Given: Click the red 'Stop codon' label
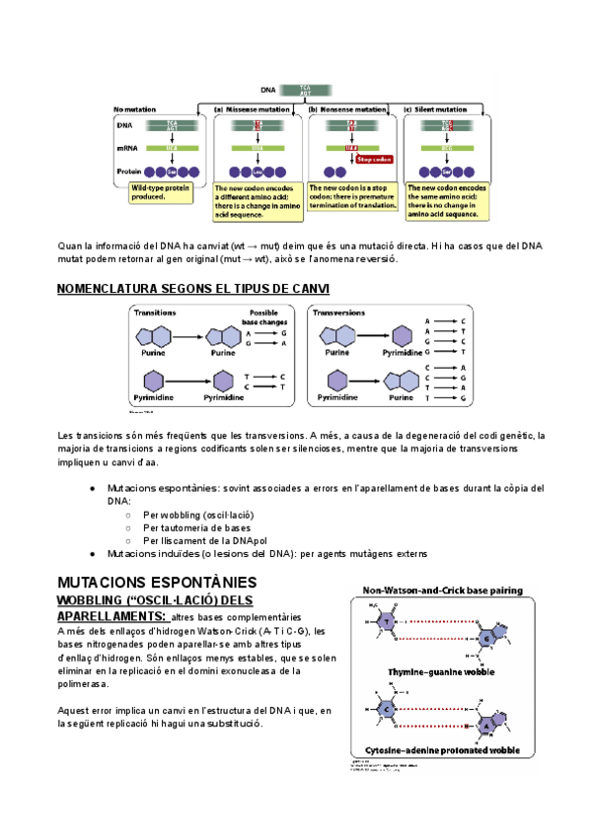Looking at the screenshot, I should pyautogui.click(x=374, y=159).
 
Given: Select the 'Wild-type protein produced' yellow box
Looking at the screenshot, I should pyautogui.click(x=161, y=192).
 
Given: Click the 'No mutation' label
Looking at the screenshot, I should pyautogui.click(x=134, y=109).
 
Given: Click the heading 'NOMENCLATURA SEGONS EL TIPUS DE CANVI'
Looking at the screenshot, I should pyautogui.click(x=193, y=288).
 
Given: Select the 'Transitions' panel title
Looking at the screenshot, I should pyautogui.click(x=156, y=312).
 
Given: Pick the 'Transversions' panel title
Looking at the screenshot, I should pyautogui.click(x=338, y=312).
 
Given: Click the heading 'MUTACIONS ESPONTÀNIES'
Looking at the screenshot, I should pyautogui.click(x=158, y=583).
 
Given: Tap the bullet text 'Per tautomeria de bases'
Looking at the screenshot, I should pyautogui.click(x=196, y=527).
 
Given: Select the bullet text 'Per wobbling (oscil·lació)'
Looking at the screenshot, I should pyautogui.click(x=198, y=515).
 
